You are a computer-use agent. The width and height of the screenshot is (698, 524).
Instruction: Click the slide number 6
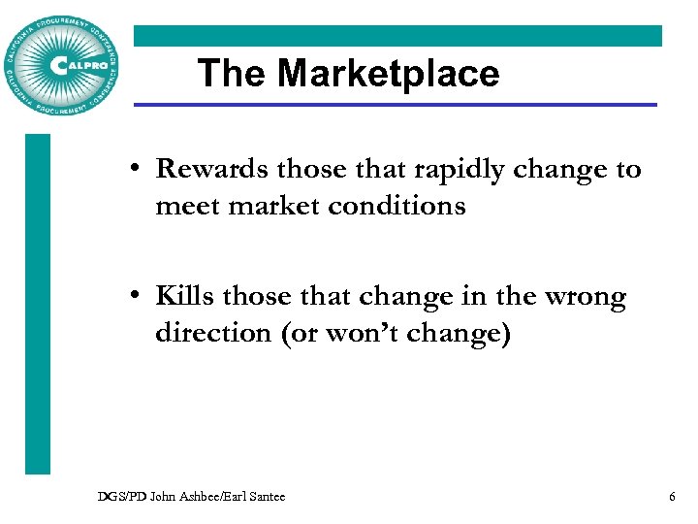(x=672, y=497)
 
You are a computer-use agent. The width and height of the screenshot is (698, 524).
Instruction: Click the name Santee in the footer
(x=267, y=497)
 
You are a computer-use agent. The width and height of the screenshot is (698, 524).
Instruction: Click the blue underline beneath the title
(x=395, y=105)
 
